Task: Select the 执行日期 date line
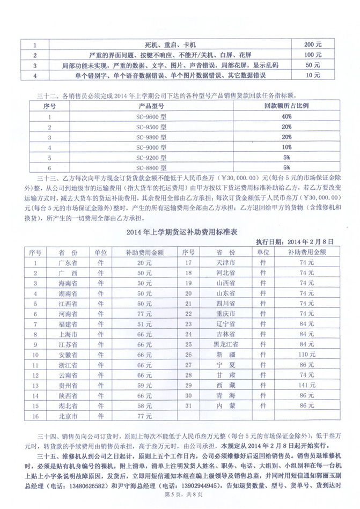296,242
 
